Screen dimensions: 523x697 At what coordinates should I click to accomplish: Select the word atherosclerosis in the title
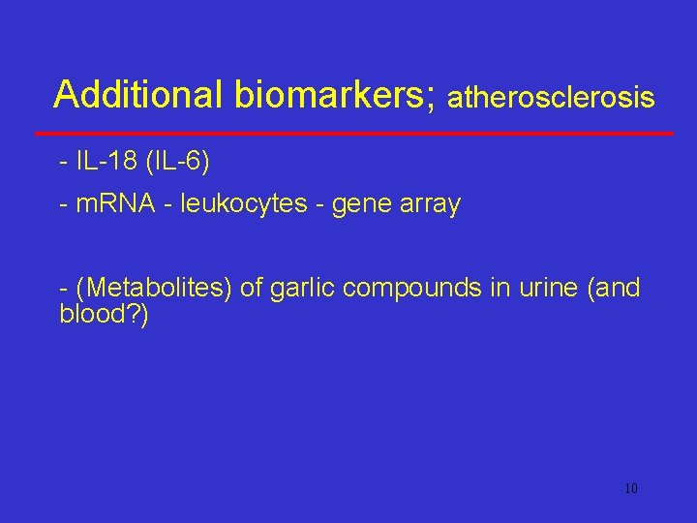552,98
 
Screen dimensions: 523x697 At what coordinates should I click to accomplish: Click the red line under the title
354,132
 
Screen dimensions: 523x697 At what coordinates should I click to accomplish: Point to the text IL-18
106,161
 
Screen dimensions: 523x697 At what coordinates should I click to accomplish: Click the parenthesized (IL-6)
176,161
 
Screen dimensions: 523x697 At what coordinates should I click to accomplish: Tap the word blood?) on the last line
105,315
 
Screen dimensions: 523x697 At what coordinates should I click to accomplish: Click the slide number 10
631,488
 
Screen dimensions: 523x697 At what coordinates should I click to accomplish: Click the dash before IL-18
64,162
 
